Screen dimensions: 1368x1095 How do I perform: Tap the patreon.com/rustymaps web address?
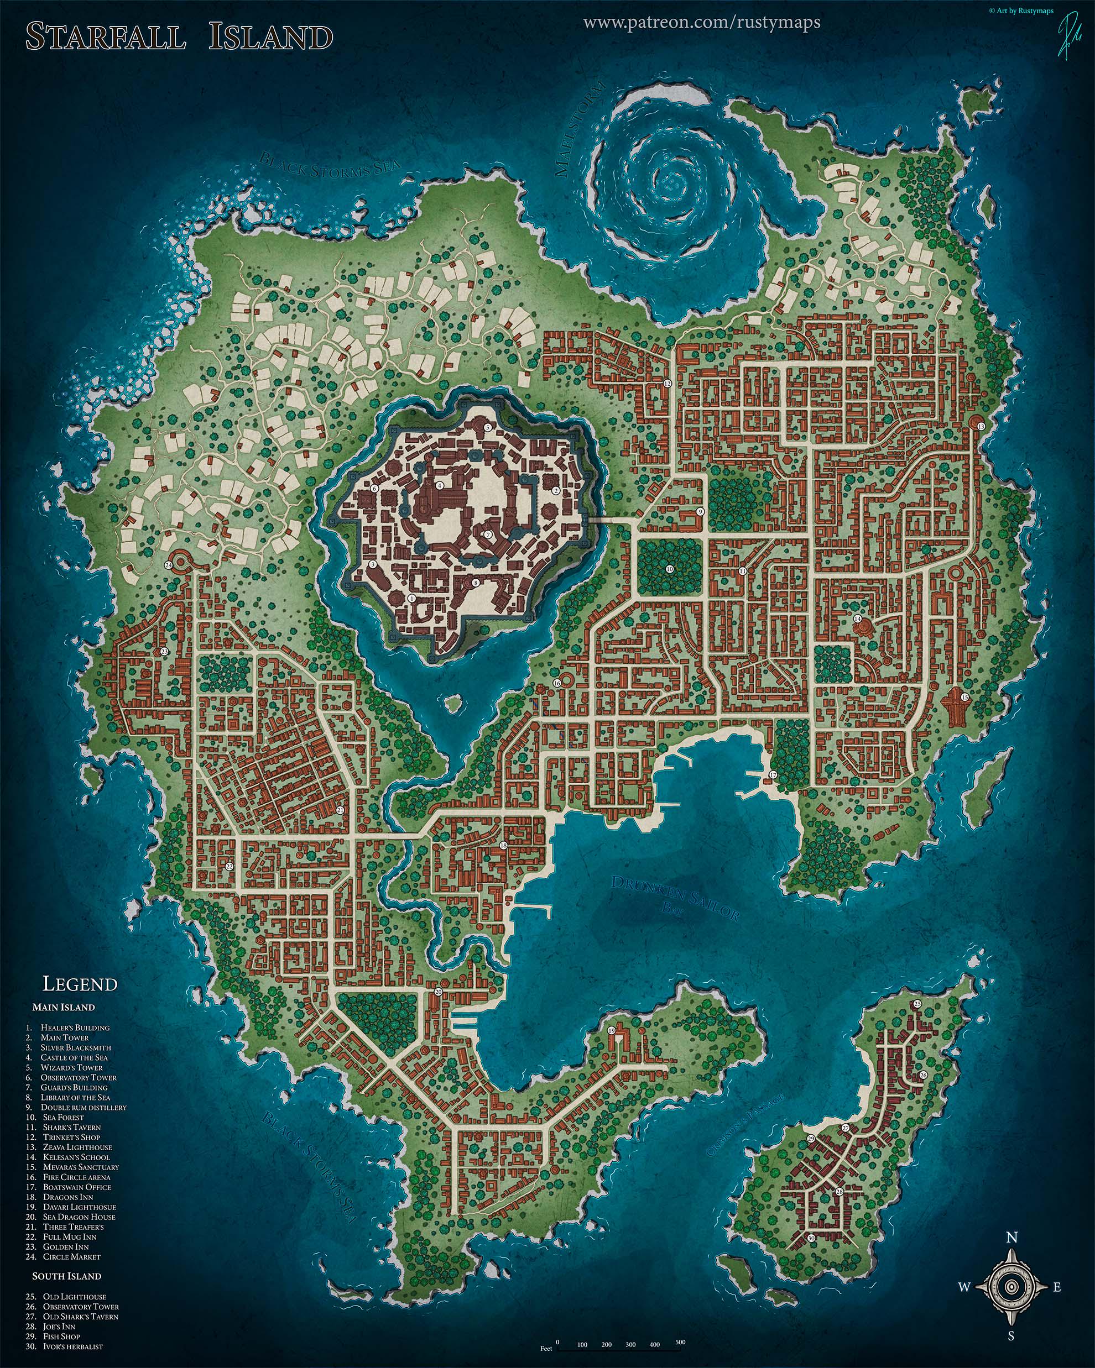(701, 23)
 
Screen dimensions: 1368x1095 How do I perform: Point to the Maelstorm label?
(581, 130)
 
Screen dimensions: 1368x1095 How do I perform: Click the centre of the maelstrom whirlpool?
(671, 180)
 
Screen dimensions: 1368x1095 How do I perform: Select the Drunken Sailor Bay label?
(674, 898)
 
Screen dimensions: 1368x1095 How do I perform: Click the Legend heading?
(80, 984)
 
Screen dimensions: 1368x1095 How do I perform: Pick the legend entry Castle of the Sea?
(74, 1057)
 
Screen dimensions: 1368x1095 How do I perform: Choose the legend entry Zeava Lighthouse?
(77, 1147)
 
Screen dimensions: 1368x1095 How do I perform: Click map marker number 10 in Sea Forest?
(669, 569)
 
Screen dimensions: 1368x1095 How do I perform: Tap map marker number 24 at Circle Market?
(168, 565)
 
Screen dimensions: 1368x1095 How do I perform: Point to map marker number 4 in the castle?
(439, 485)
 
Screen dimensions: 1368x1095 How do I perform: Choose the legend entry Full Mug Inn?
(70, 1236)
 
